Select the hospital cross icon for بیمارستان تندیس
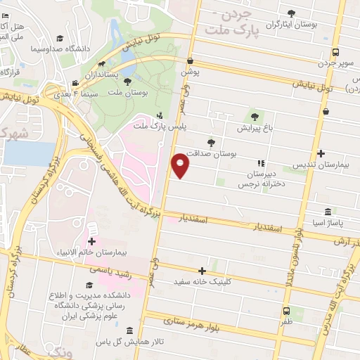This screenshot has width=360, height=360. (321, 153)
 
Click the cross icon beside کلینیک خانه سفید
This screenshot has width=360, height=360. (202, 271)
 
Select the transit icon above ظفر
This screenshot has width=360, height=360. (286, 311)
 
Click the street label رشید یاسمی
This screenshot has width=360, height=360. (110, 269)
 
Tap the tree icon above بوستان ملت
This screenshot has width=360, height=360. (137, 81)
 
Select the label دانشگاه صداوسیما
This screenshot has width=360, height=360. (56, 49)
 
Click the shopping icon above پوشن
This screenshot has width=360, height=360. (191, 60)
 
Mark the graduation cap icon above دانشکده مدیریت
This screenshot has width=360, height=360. (89, 285)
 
